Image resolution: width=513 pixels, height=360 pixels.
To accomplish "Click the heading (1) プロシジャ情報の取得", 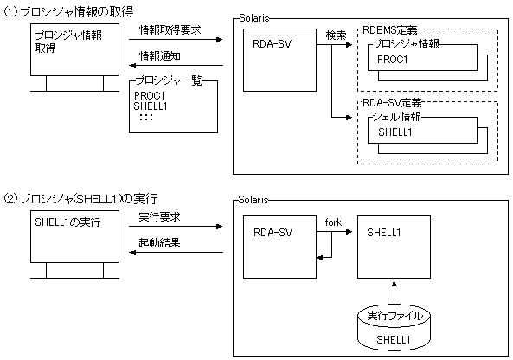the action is [68, 12].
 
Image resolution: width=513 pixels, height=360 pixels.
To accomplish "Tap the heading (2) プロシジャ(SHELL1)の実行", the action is [80, 199].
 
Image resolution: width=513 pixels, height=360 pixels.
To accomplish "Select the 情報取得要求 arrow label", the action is [170, 29].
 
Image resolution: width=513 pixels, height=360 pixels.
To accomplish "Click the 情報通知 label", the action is [160, 55].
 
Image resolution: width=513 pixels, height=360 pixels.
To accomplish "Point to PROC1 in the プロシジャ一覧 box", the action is [149, 95].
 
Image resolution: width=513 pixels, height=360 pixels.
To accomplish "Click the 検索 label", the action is [336, 35].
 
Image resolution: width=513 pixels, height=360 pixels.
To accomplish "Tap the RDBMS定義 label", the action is [390, 30].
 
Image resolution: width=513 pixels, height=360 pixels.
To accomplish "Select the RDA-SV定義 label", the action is [392, 103].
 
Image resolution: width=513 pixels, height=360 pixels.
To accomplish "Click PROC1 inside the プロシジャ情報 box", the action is [392, 59].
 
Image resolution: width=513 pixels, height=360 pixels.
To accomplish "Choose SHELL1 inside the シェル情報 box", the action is [394, 132].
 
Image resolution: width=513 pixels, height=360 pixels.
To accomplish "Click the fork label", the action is [333, 222].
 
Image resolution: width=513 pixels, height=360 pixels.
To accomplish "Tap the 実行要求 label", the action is [159, 216].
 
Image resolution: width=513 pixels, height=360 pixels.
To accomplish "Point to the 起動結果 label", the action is [159, 243].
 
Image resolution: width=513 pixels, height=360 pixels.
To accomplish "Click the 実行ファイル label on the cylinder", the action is [394, 316].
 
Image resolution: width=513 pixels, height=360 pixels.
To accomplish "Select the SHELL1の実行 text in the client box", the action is [67, 222].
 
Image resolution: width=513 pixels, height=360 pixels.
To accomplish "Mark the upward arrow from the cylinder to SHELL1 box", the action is [394, 291].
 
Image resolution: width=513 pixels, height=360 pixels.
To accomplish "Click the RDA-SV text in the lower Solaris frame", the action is [273, 233].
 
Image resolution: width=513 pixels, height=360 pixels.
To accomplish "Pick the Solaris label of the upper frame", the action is [254, 18].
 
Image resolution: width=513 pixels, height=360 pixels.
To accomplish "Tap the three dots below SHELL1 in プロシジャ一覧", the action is [146, 117].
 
